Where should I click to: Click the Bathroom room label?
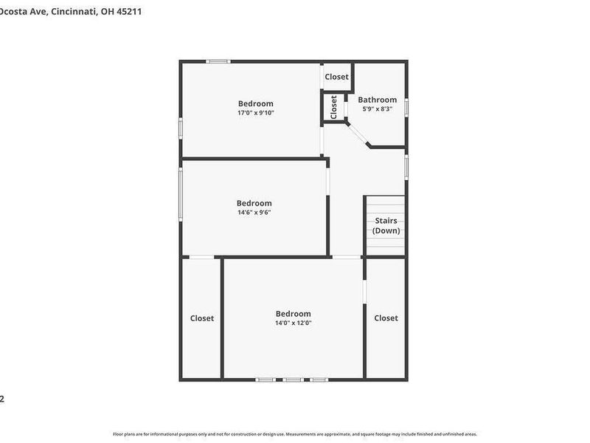377,100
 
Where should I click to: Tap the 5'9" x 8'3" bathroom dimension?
377,109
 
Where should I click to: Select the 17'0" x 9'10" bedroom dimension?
255,113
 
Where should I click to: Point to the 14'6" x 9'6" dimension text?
254,213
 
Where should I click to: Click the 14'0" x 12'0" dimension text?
293,323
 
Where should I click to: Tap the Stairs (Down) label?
386,226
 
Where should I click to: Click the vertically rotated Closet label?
334,107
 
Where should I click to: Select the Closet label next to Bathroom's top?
336,77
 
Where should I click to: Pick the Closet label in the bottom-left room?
202,318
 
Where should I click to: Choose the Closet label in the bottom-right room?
386,318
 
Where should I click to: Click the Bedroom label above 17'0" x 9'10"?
255,103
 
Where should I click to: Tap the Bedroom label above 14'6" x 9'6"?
254,203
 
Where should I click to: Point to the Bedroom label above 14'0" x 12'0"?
293,313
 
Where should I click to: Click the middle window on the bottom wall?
293,380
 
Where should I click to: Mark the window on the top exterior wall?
218,61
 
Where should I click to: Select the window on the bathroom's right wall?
406,107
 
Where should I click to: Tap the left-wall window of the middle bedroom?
181,193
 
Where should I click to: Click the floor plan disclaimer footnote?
295,434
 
